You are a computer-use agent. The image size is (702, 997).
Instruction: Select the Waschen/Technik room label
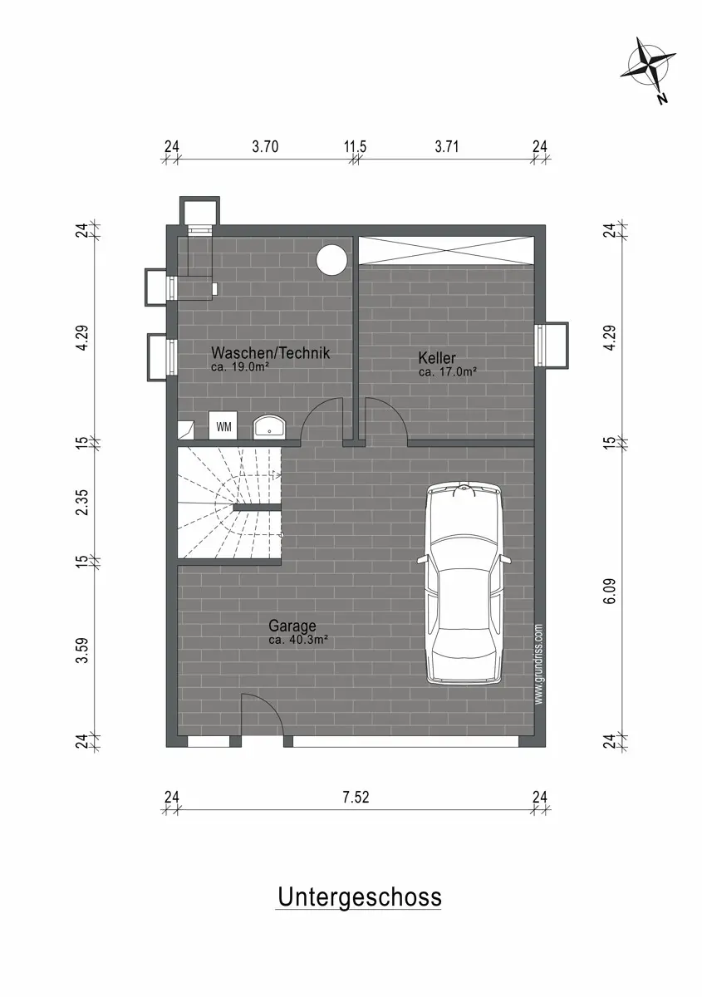271,352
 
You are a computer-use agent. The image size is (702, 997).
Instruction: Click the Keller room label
437,357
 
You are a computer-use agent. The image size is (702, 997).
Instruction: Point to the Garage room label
292,626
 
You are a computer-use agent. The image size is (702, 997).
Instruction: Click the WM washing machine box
223,425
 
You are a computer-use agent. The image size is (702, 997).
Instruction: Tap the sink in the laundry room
270,426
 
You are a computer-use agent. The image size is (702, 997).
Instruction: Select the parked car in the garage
464,584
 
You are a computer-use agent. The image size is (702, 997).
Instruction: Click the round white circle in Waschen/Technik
331,260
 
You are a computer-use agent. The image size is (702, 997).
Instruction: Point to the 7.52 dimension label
356,797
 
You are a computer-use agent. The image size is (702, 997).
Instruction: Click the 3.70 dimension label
265,146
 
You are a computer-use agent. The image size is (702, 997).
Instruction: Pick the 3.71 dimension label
446,146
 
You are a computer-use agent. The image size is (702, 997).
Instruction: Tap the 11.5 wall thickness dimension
355,146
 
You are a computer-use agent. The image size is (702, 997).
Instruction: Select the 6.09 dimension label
610,591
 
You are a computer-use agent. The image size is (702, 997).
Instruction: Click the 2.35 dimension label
82,502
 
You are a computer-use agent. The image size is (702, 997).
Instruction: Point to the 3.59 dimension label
82,651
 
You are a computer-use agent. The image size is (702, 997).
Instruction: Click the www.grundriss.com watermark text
539,664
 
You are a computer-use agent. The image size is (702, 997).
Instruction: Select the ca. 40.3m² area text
298,640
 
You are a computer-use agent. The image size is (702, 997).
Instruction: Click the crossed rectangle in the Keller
446,251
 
